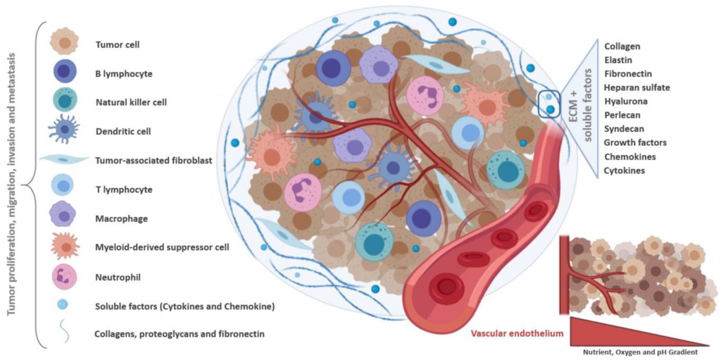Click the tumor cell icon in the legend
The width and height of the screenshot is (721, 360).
[64, 44]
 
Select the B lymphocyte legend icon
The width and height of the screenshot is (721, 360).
[65, 73]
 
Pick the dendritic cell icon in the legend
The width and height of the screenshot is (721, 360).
[64, 131]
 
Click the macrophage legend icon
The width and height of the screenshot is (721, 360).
[64, 218]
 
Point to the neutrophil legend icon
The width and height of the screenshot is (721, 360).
[64, 277]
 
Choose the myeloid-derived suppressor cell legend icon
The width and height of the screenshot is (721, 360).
[64, 247]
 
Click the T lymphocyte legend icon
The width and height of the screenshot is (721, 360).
[64, 189]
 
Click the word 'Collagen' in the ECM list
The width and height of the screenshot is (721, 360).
[622, 46]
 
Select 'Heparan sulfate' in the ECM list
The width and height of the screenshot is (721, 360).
[637, 87]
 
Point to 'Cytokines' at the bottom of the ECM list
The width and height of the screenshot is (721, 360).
[625, 170]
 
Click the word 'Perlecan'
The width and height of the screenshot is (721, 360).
[622, 115]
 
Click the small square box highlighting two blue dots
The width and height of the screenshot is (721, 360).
[549, 104]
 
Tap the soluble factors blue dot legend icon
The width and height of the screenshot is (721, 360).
[64, 305]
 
